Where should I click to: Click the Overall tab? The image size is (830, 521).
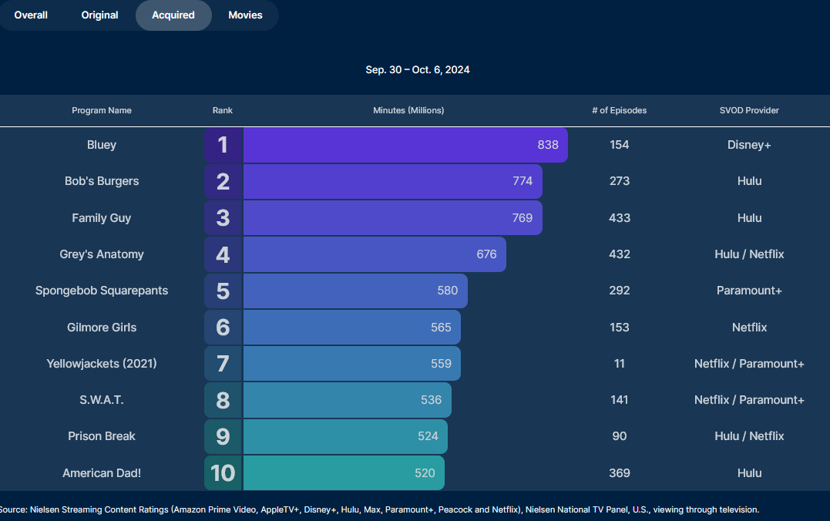pyautogui.click(x=31, y=15)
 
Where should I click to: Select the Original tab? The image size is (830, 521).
pyautogui.click(x=100, y=15)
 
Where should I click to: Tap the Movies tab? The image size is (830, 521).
pyautogui.click(x=245, y=15)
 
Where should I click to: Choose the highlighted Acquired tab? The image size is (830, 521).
pyautogui.click(x=173, y=15)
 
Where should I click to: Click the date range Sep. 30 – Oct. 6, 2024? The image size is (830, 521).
pyautogui.click(x=418, y=70)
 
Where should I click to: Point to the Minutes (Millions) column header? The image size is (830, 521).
pyautogui.click(x=408, y=110)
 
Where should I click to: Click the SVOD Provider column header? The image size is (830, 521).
pyautogui.click(x=749, y=110)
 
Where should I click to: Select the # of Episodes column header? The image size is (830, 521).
pyautogui.click(x=619, y=110)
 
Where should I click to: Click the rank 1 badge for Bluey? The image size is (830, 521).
pyautogui.click(x=223, y=145)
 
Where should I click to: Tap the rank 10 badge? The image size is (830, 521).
pyautogui.click(x=223, y=472)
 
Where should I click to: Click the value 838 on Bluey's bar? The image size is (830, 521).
pyautogui.click(x=548, y=145)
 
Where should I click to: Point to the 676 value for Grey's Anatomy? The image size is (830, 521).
pyautogui.click(x=486, y=254)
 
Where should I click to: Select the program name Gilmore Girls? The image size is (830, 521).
pyautogui.click(x=102, y=328)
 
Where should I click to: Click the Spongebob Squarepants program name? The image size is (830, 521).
pyautogui.click(x=102, y=291)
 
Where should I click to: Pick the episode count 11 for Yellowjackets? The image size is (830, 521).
pyautogui.click(x=620, y=364)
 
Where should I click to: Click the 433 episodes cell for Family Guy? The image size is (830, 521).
pyautogui.click(x=620, y=218)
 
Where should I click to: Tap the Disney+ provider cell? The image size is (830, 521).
pyautogui.click(x=749, y=145)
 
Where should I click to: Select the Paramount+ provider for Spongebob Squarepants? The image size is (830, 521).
pyautogui.click(x=749, y=291)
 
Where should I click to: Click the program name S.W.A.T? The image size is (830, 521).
pyautogui.click(x=102, y=400)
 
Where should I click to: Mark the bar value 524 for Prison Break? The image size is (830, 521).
pyautogui.click(x=428, y=436)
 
